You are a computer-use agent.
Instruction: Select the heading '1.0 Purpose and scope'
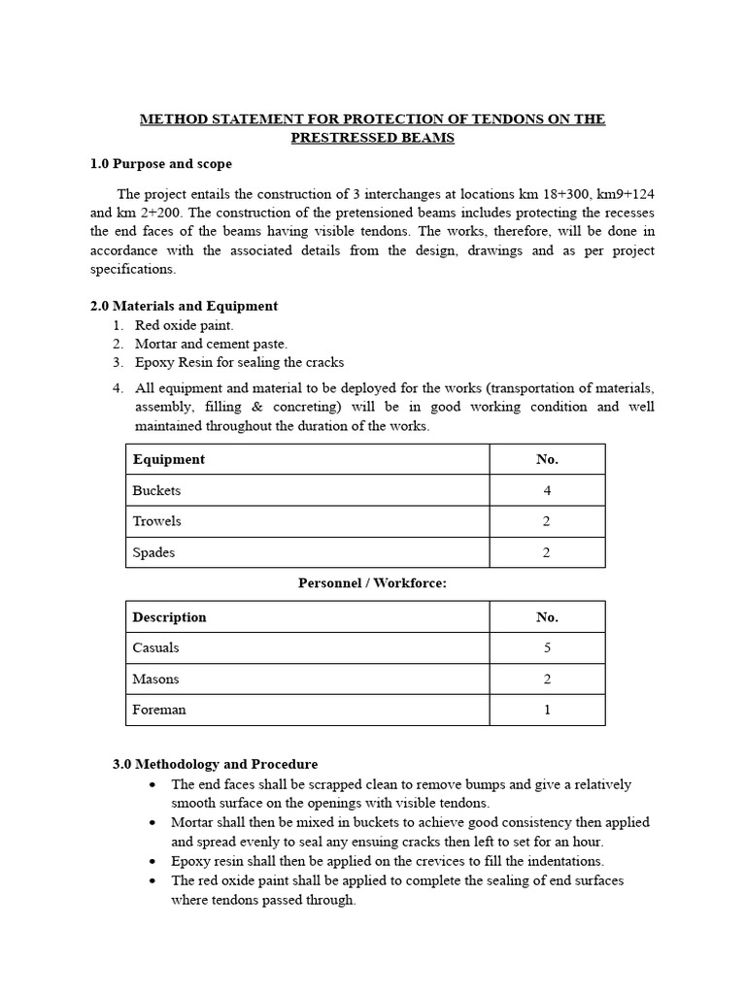161,164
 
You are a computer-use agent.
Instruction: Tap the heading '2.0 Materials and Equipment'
184,306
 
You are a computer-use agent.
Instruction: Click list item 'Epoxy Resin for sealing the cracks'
239,362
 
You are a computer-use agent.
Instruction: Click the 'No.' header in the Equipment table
547,459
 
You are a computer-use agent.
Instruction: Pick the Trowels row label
157,521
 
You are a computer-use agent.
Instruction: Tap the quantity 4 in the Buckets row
547,490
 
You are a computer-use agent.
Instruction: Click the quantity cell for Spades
547,552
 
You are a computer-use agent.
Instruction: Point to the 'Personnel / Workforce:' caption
372,582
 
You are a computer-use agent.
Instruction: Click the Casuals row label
156,647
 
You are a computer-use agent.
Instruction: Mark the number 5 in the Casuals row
547,647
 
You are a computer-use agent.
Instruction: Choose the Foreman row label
159,710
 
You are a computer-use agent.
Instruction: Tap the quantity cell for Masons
547,679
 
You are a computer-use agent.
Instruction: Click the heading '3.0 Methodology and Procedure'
216,765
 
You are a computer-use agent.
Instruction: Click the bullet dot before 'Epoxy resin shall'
153,861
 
